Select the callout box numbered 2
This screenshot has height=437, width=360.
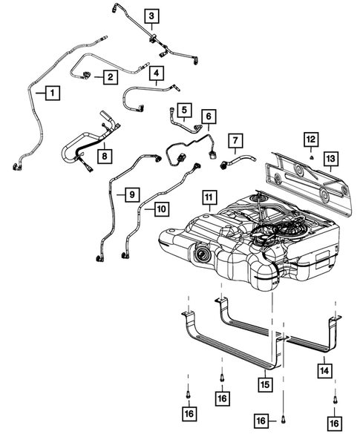(x=110, y=76)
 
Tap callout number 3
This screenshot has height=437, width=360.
(x=151, y=16)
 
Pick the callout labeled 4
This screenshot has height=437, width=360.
(x=157, y=73)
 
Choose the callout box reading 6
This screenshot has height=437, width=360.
(x=209, y=116)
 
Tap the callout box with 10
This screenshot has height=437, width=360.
(x=160, y=209)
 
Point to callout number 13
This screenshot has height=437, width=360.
(x=330, y=158)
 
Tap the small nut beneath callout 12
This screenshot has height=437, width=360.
(x=312, y=157)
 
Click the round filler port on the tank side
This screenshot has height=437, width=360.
(x=202, y=257)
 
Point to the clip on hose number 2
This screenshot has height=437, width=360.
(x=88, y=73)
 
